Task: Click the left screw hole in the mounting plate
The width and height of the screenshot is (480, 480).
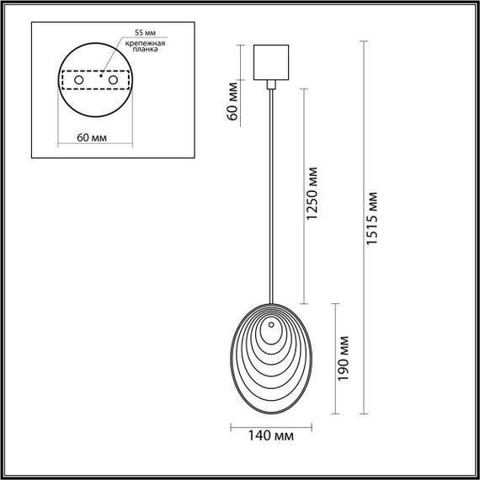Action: click(79, 80)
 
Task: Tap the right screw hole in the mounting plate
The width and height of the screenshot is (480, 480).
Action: click(109, 80)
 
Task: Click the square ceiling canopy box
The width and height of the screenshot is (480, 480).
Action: click(271, 61)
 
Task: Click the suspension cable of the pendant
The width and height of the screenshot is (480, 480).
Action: click(271, 194)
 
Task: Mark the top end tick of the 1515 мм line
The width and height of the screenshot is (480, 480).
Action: click(365, 43)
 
